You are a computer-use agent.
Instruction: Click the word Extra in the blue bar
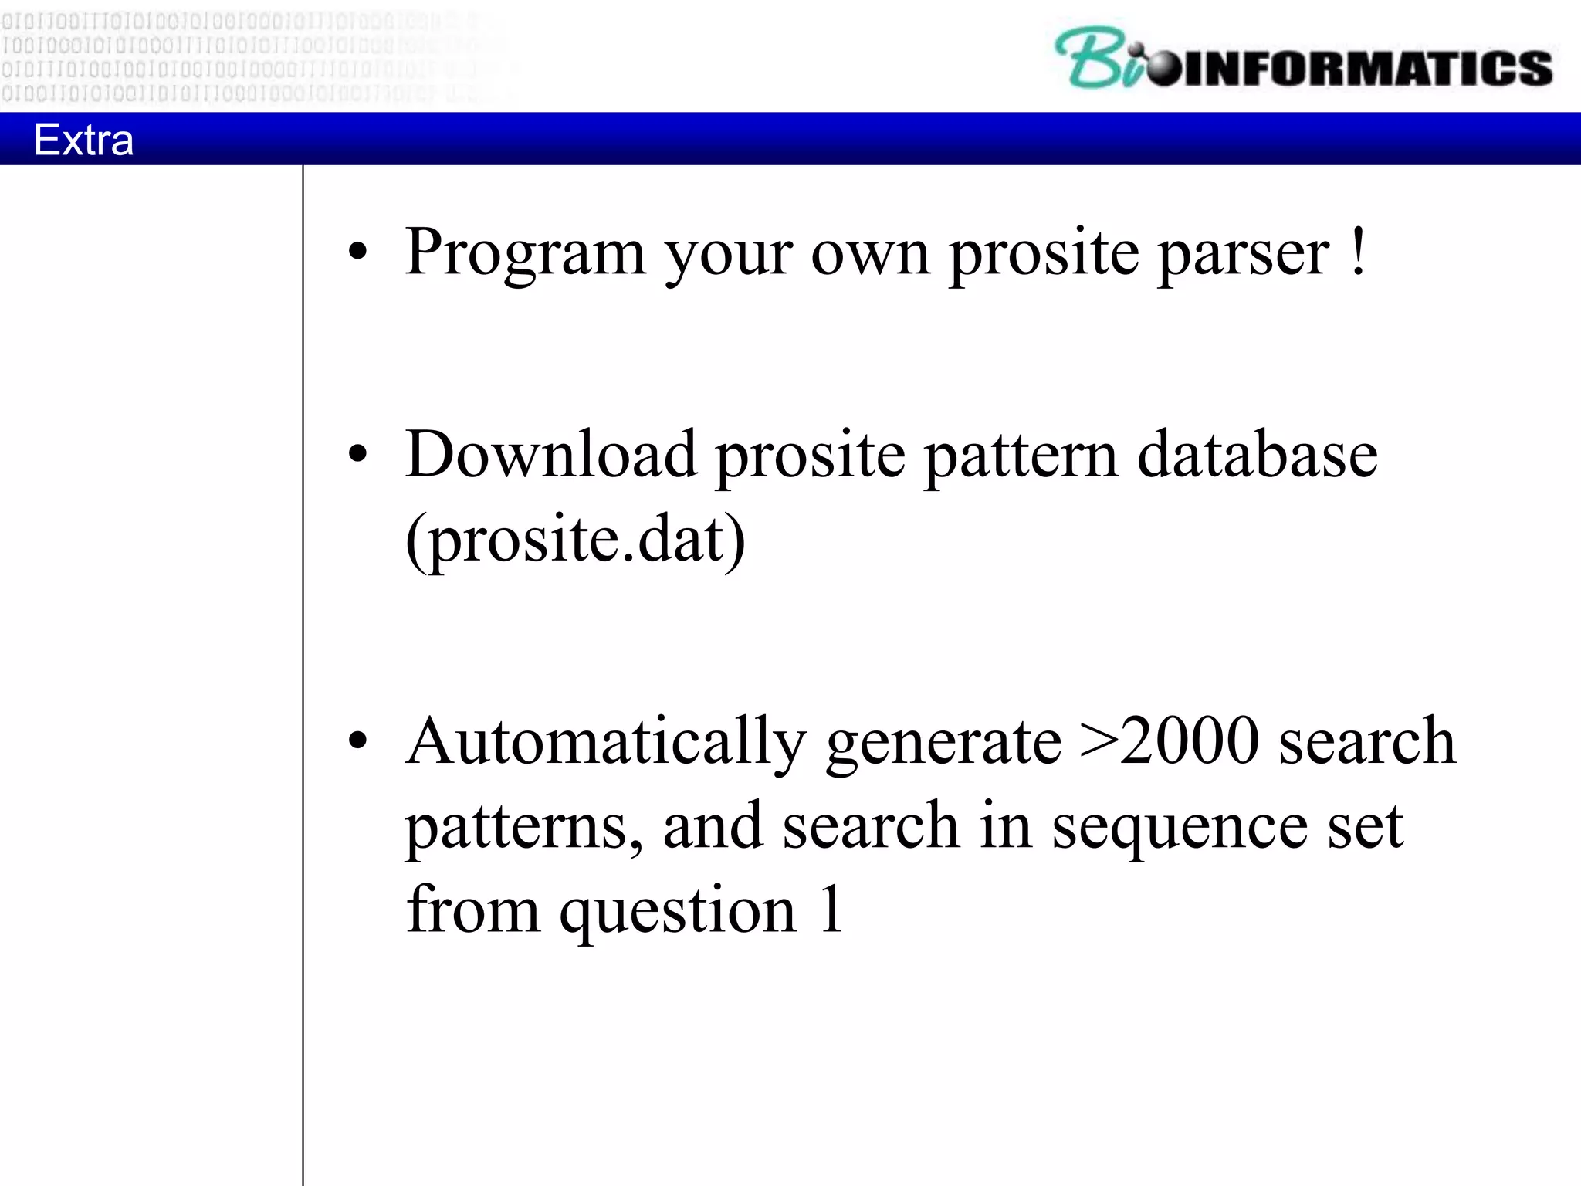click(x=83, y=140)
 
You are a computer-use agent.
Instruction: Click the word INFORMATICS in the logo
click(x=1366, y=68)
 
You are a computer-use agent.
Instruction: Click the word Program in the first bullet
click(x=525, y=253)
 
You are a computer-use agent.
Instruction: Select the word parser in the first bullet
click(x=1244, y=253)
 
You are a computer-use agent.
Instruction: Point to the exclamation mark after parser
click(x=1359, y=252)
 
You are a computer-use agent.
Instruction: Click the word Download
click(x=550, y=455)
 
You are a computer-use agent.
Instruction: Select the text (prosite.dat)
click(x=575, y=540)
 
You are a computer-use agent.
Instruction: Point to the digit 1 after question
click(x=831, y=910)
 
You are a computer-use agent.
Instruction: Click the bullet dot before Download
click(x=357, y=454)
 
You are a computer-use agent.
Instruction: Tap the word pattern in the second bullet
click(x=1021, y=456)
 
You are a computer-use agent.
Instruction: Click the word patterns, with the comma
click(x=524, y=829)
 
